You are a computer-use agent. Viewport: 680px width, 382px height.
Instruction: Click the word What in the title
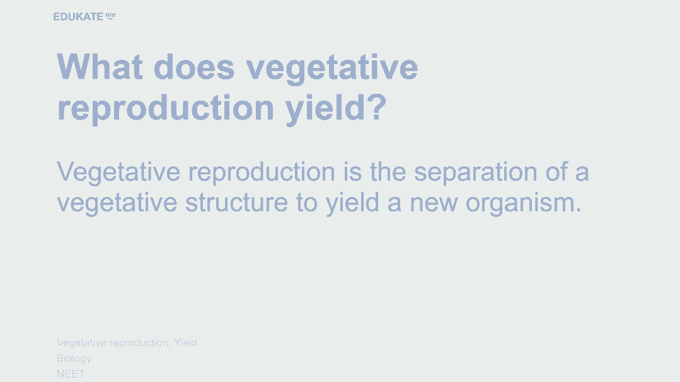pyautogui.click(x=100, y=67)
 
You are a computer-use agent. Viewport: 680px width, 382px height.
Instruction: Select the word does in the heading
pyautogui.click(x=194, y=67)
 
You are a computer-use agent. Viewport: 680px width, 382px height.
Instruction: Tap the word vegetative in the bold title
pyautogui.click(x=331, y=69)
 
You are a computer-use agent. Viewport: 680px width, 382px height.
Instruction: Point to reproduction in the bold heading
pyautogui.click(x=166, y=108)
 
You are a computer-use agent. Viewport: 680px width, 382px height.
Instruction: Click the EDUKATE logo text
pyautogui.click(x=78, y=16)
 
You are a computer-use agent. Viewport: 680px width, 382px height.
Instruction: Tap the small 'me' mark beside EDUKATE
pyautogui.click(x=110, y=16)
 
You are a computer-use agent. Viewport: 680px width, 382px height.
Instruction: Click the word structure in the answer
pyautogui.click(x=236, y=203)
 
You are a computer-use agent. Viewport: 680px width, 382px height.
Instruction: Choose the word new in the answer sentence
pyautogui.click(x=433, y=203)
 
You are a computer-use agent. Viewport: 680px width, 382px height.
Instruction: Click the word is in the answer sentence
pyautogui.click(x=352, y=172)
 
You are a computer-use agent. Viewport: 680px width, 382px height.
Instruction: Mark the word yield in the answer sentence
pyautogui.click(x=352, y=203)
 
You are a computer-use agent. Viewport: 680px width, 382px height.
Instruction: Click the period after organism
pyautogui.click(x=579, y=210)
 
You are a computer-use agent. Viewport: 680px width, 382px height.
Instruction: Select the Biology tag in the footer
pyautogui.click(x=74, y=359)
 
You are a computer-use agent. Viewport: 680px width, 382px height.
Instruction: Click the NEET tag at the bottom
pyautogui.click(x=70, y=374)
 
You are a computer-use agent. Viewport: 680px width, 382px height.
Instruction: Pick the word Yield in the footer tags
pyautogui.click(x=186, y=342)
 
